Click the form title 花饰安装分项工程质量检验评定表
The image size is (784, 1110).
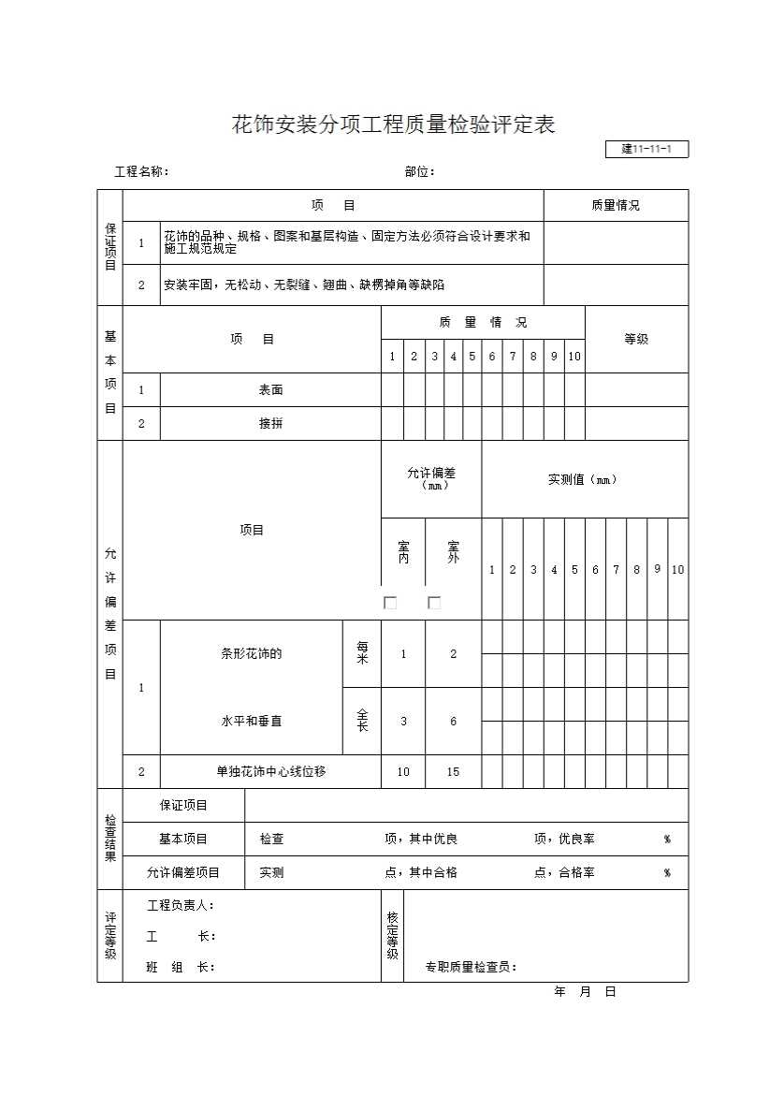pyautogui.click(x=393, y=125)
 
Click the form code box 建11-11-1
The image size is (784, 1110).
pyautogui.click(x=647, y=150)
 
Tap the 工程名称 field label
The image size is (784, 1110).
pyautogui.click(x=141, y=172)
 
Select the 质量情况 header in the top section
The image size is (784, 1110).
pyautogui.click(x=616, y=206)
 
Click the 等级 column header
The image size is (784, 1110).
pyautogui.click(x=636, y=339)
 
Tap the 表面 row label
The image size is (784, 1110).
pyautogui.click(x=270, y=390)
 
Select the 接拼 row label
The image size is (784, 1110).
pyautogui.click(x=270, y=424)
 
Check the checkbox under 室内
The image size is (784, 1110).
pyautogui.click(x=390, y=603)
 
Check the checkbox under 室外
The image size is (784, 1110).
pyautogui.click(x=434, y=603)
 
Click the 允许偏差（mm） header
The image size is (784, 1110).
pyautogui.click(x=431, y=478)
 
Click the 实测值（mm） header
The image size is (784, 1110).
pyautogui.click(x=584, y=479)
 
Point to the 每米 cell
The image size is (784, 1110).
pyautogui.click(x=362, y=653)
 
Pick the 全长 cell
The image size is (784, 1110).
pyautogui.click(x=362, y=721)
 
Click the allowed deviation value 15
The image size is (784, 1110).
pyautogui.click(x=453, y=772)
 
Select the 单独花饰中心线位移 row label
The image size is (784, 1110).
pyautogui.click(x=270, y=772)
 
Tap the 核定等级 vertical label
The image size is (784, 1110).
pyautogui.click(x=392, y=936)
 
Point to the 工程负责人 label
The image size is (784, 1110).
pyautogui.click(x=181, y=906)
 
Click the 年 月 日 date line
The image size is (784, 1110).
pyautogui.click(x=585, y=992)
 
